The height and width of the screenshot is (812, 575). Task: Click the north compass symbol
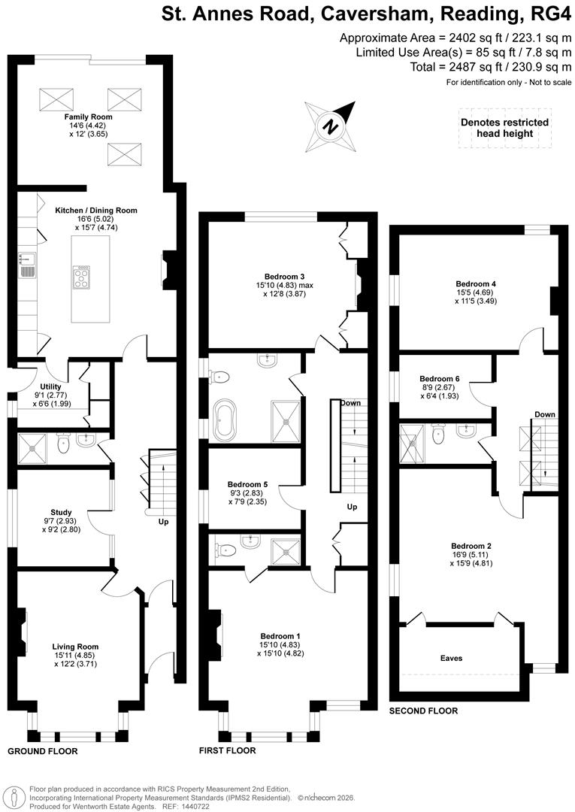coord(329,126)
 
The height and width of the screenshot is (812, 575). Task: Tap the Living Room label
coord(75,647)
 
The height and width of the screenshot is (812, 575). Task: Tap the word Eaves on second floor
coord(451,658)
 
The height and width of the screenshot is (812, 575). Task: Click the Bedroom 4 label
coord(475,283)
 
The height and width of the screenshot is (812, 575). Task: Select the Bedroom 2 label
coord(471,546)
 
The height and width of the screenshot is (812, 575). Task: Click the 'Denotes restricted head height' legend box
coord(504,128)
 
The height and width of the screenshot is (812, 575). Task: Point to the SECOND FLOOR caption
coord(423,710)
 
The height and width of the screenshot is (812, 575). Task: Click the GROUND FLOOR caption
coord(42,751)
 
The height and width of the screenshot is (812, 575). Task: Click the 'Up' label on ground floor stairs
coord(163,521)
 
